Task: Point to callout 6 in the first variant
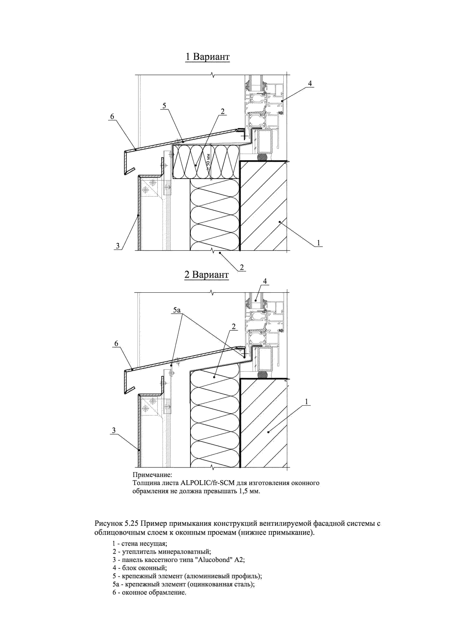pyautogui.click(x=112, y=117)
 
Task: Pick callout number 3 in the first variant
pyautogui.click(x=118, y=246)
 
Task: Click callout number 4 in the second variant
pyautogui.click(x=265, y=281)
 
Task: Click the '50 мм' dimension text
pyautogui.click(x=208, y=160)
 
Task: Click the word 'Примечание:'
pyautogui.click(x=152, y=475)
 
